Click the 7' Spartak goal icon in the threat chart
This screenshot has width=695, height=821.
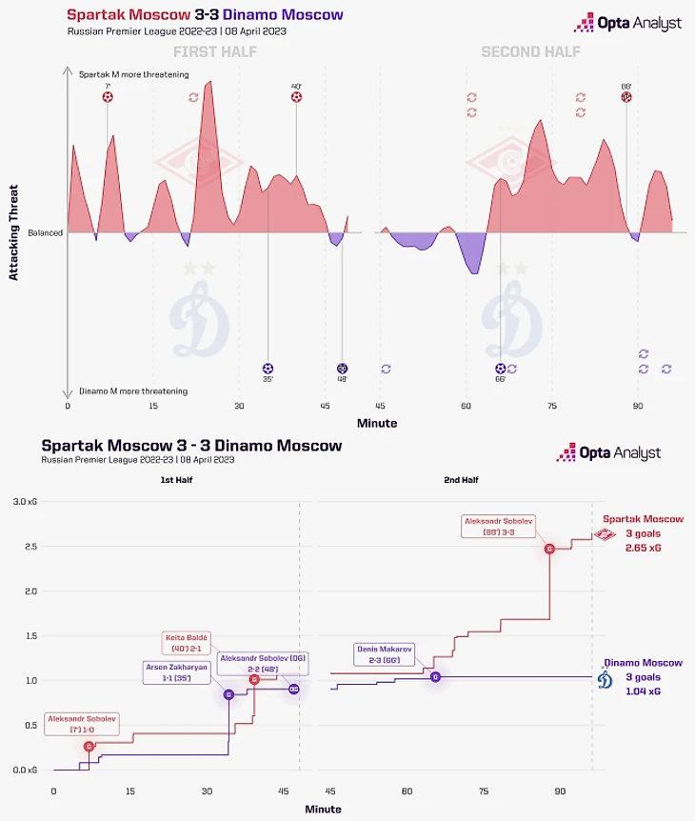coord(108,97)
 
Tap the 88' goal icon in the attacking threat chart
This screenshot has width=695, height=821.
coord(626,97)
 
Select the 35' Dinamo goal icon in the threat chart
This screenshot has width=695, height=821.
coord(268,369)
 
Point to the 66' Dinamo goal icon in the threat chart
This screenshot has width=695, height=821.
coord(501,369)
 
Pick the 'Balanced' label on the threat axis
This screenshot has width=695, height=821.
coord(45,232)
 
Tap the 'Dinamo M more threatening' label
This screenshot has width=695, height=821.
coord(132,391)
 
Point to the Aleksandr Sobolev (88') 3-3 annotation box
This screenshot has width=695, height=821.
coord(499,526)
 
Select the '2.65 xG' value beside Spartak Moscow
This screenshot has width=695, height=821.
coord(644,550)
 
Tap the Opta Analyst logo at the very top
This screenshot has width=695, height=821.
coord(627,23)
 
